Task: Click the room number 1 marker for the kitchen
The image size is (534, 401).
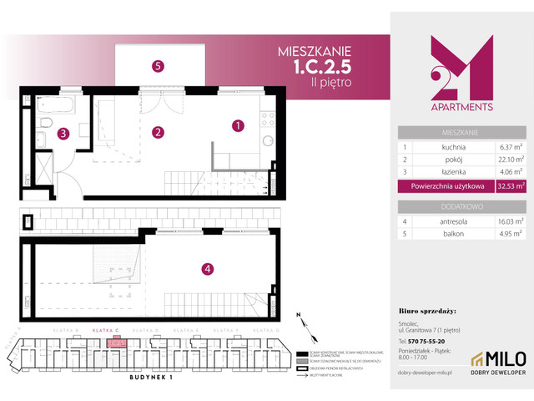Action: point(238,126)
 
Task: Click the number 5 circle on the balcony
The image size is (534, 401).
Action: point(157,65)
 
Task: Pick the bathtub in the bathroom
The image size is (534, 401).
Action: point(59,108)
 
